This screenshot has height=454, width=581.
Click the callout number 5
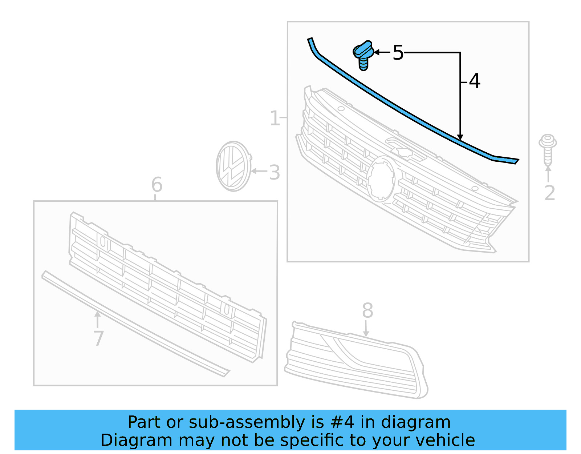tap(398, 53)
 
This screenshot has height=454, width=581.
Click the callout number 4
tap(475, 81)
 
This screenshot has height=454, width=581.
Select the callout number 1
tap(275, 118)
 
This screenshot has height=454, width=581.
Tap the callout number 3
tap(275, 172)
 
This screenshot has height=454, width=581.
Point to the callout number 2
tap(549, 193)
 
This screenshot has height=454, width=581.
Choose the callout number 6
tap(157, 185)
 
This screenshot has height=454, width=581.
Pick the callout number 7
tap(98, 338)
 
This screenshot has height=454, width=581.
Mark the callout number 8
tap(367, 310)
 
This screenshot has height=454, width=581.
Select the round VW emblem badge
tap(233, 166)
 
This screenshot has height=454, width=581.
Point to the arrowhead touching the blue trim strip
tap(460, 137)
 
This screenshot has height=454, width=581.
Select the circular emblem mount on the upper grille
tap(381, 178)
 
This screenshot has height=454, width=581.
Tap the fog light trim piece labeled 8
tap(356, 360)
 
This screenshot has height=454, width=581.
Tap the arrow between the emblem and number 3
tap(259, 171)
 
